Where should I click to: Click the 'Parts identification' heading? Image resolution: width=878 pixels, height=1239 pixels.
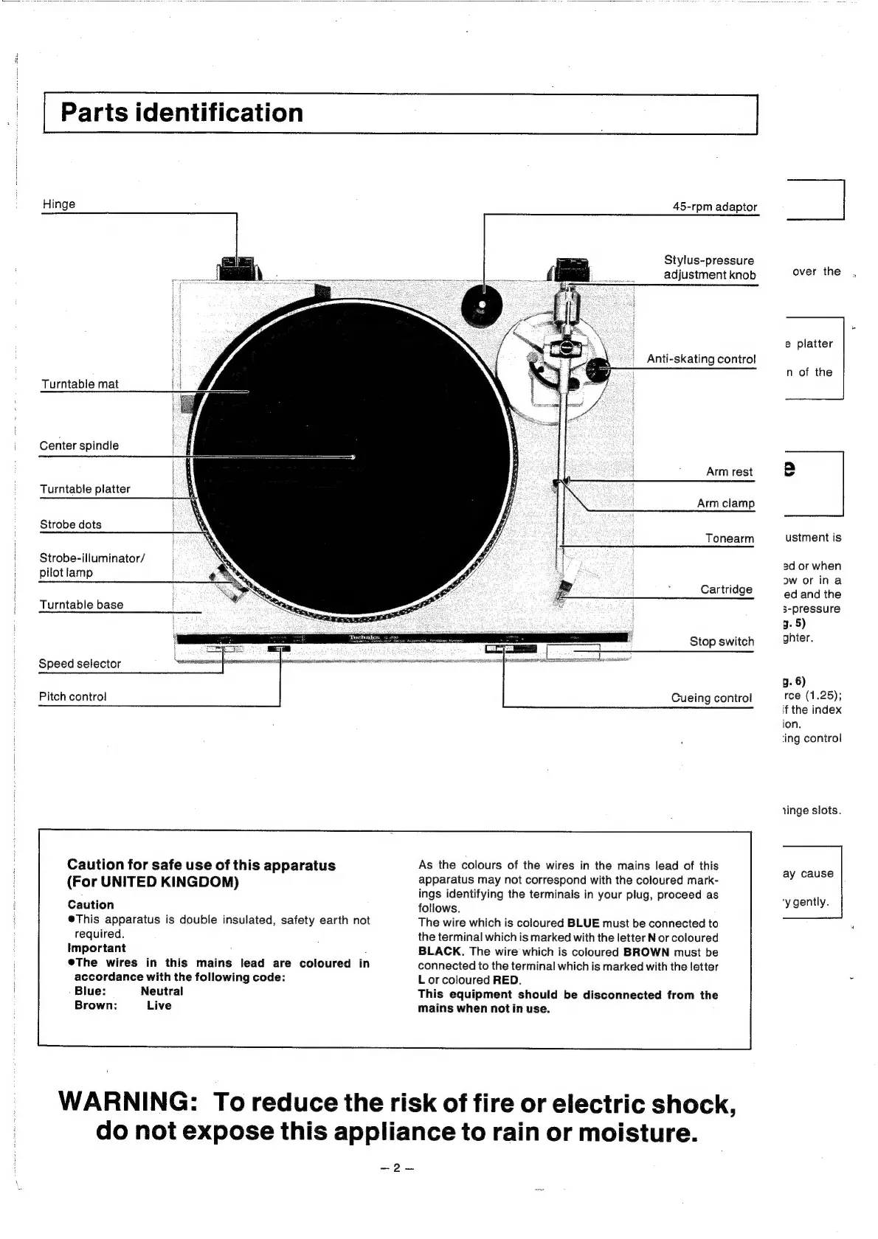182,113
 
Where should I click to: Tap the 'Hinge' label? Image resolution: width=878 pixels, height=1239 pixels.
59,204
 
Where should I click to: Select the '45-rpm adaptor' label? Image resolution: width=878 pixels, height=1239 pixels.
714,206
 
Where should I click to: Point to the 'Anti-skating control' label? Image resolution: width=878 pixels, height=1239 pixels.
701,358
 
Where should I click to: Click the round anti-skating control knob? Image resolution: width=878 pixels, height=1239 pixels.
598,367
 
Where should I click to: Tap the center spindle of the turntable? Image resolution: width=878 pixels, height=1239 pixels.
353,457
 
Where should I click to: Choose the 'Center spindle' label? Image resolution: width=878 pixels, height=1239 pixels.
79,445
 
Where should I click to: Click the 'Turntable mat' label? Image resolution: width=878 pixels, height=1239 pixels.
80,383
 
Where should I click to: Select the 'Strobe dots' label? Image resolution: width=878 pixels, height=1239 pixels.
71,524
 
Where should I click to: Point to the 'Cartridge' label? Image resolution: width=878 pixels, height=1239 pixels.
726,589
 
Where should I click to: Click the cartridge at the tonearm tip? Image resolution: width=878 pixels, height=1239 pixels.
566,590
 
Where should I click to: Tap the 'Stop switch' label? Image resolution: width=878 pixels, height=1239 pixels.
722,641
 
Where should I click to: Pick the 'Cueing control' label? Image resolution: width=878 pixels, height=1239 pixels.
711,698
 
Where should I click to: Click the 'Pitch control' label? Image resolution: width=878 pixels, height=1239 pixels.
72,696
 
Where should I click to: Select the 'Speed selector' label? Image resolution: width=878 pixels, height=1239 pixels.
80,663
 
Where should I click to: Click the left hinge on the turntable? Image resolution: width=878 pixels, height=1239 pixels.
237,268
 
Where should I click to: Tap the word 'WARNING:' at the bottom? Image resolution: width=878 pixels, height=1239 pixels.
126,1103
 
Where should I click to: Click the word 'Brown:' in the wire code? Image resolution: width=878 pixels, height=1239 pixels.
96,1005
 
